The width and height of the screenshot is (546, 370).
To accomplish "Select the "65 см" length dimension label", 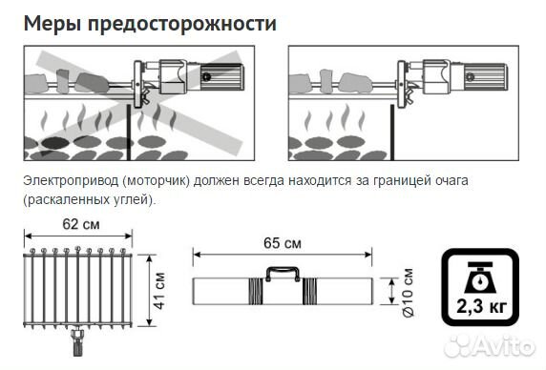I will pos(282,243).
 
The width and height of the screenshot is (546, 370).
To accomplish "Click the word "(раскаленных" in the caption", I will pos(63,200).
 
